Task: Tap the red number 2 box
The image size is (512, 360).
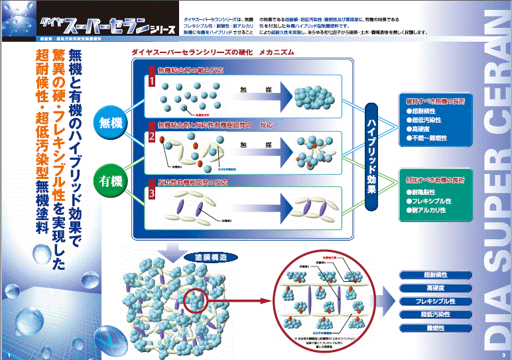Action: tap(151, 137)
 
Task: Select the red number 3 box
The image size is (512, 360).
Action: tap(151, 194)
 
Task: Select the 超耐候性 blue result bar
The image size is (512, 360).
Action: tap(436, 274)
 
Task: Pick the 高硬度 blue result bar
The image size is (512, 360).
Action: tap(436, 288)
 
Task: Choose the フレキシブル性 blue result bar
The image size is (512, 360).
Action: tap(436, 301)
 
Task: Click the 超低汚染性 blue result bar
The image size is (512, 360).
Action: tap(436, 314)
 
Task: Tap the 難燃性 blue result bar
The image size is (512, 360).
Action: tap(436, 328)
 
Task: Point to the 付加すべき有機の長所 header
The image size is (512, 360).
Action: tap(436, 179)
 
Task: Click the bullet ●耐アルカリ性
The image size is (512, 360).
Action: tap(429, 210)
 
